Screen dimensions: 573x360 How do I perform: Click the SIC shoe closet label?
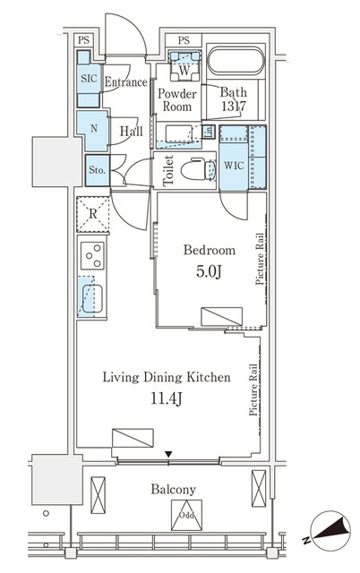tap(88, 79)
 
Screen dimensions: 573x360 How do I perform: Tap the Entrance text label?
tap(125, 82)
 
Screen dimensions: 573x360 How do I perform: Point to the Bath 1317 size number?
tap(235, 106)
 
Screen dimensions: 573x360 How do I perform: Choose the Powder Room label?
tap(177, 99)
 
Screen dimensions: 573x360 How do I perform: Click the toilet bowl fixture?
tap(194, 169)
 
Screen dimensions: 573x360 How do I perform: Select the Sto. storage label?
tap(96, 170)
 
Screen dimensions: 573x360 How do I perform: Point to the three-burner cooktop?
tap(93, 257)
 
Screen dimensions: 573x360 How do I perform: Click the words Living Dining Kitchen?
tap(166, 378)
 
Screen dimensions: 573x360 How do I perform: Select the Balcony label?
tap(174, 489)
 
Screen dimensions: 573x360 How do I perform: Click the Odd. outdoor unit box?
tap(186, 515)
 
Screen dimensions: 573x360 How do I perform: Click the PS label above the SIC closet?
tap(83, 39)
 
